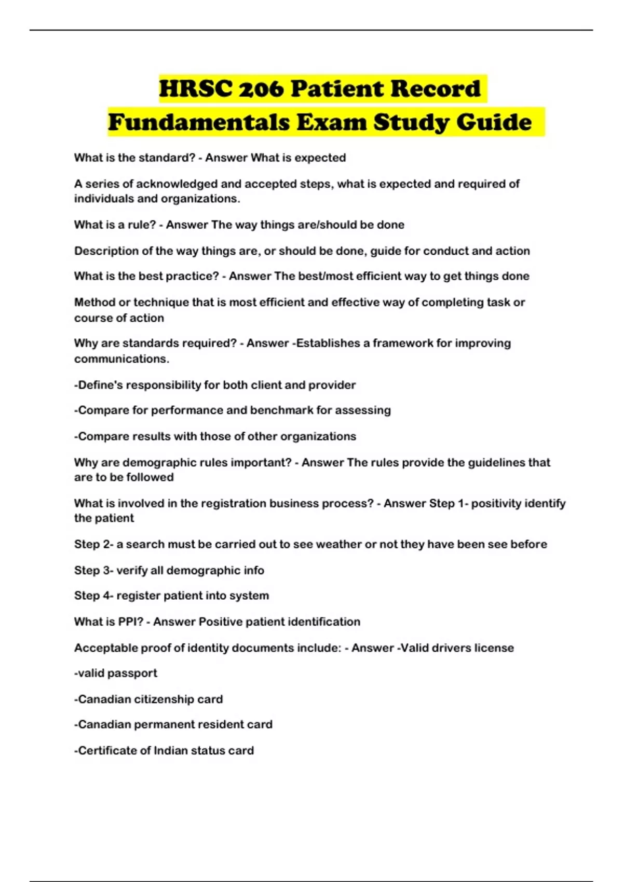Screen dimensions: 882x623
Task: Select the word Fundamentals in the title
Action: [199, 122]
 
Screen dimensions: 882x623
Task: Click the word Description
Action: [106, 251]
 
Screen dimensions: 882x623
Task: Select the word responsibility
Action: [164, 385]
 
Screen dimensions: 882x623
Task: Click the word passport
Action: [132, 673]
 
